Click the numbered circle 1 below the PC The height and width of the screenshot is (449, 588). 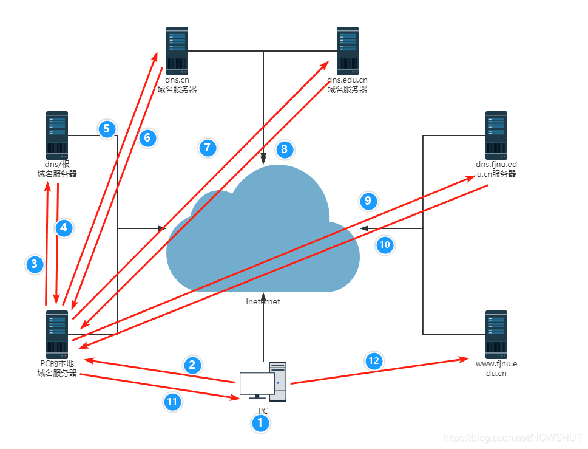(260, 423)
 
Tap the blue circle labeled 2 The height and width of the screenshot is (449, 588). (192, 365)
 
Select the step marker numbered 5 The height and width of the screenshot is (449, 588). (107, 128)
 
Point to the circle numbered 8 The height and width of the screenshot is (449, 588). (284, 149)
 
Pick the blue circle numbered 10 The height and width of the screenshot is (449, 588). (384, 245)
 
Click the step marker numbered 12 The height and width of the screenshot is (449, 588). (374, 361)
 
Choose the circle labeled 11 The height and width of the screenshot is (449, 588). (172, 402)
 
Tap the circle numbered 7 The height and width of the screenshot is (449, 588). (207, 147)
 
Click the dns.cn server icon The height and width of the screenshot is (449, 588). (177, 50)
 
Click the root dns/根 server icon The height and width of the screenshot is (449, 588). (57, 135)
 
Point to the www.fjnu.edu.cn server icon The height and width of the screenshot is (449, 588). (496, 334)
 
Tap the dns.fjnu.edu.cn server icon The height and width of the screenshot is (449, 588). (496, 135)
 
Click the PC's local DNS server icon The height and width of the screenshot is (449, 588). (57, 334)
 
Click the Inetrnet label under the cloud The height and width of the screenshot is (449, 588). (263, 301)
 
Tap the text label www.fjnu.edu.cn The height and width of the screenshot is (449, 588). (496, 369)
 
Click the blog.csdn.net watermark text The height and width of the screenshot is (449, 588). (513, 438)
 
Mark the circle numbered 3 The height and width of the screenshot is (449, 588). (35, 264)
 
